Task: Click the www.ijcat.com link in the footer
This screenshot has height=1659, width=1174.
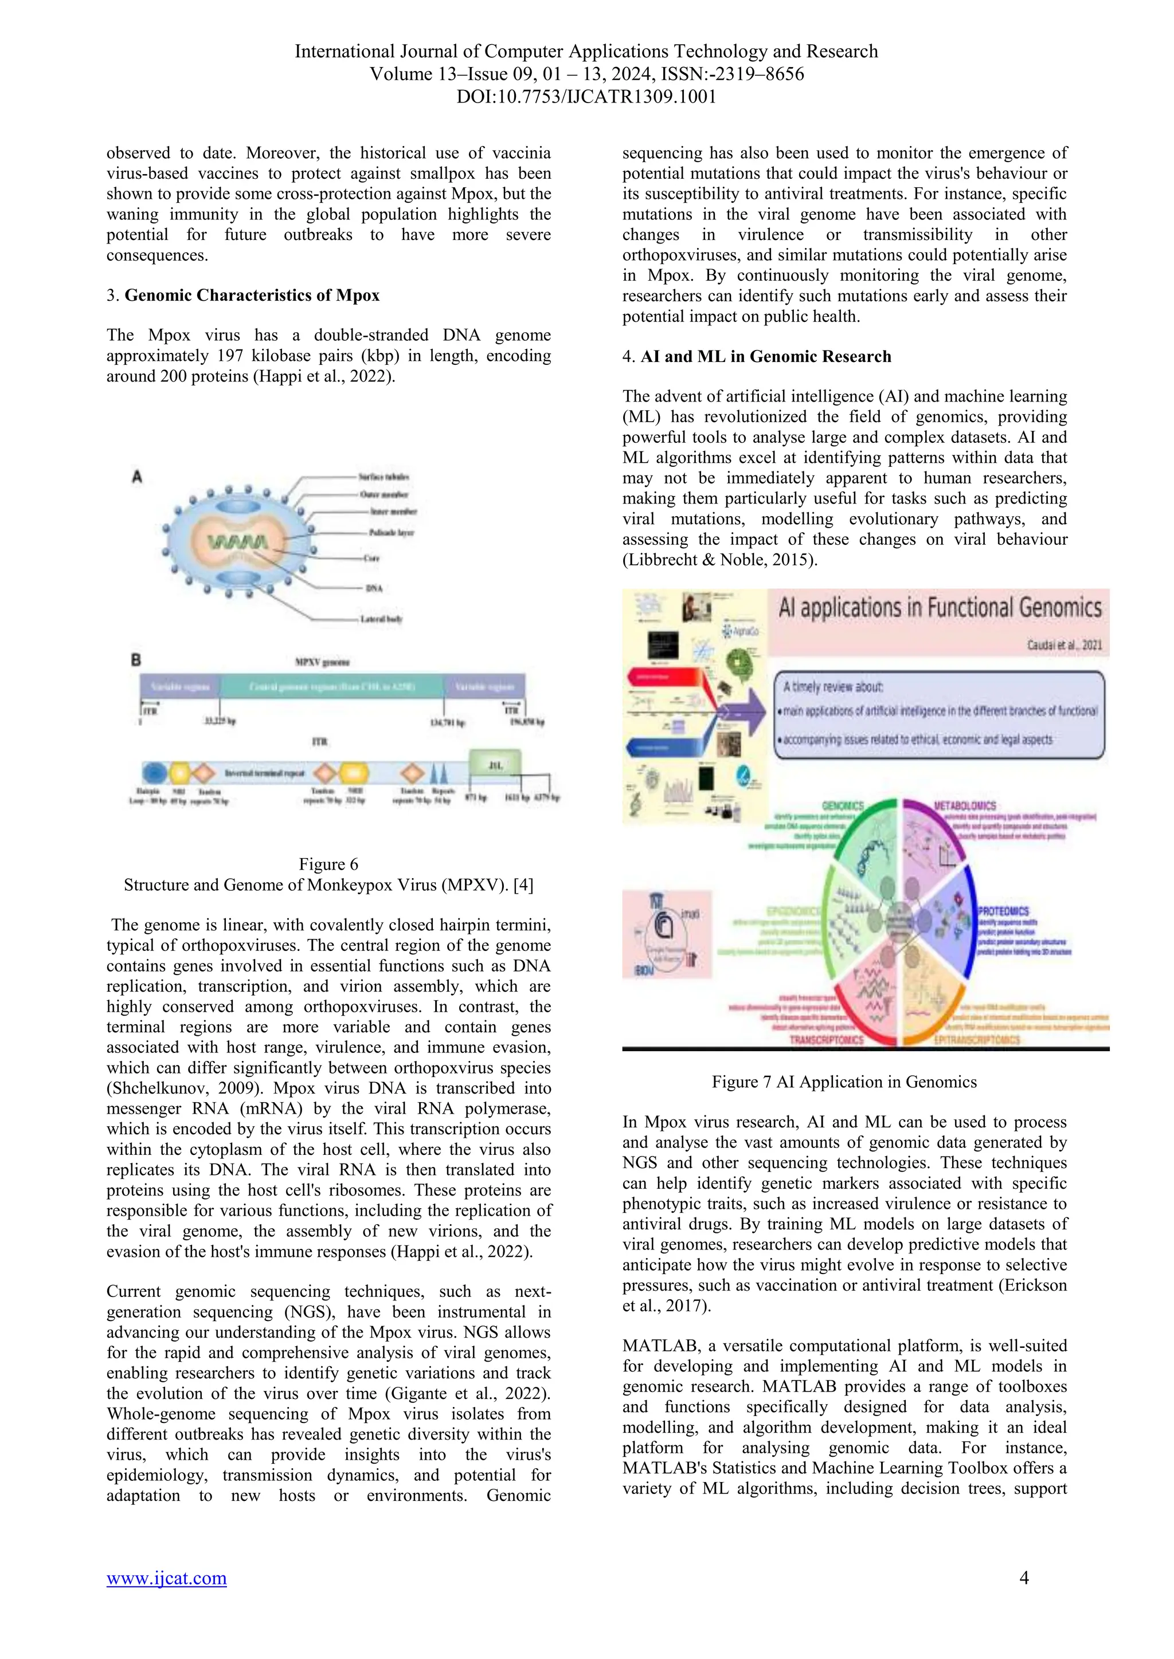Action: coord(166,1578)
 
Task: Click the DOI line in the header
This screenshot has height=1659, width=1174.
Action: coord(586,96)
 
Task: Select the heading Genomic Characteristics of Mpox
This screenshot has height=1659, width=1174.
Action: coord(252,295)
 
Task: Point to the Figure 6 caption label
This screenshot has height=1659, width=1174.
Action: coord(328,864)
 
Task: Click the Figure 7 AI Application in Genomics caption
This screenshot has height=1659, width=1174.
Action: coord(844,1082)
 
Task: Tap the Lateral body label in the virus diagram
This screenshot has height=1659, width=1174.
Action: coord(381,619)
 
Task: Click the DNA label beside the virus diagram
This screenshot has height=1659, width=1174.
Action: coord(374,588)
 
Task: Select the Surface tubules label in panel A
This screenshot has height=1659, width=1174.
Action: coord(384,477)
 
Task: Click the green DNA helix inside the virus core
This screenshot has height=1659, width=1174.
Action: coord(238,541)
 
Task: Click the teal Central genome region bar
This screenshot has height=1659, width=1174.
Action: coord(332,686)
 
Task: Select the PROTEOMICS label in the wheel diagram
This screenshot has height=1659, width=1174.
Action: coord(1003,911)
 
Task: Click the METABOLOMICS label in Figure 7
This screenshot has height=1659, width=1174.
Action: coord(965,805)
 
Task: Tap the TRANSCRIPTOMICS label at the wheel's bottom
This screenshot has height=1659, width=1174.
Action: coord(826,1040)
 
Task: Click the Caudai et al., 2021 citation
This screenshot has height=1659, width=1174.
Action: coord(1063,645)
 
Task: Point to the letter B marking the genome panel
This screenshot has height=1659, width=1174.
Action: coord(136,660)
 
